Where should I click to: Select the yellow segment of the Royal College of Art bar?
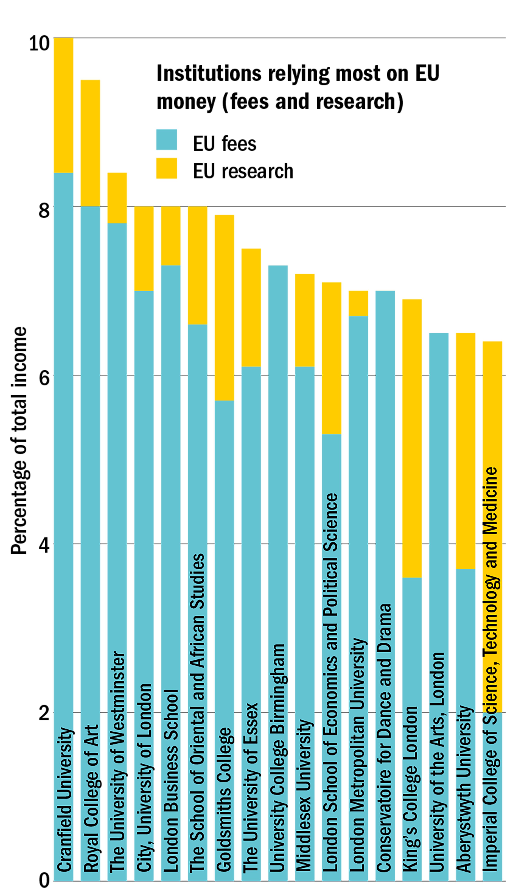(90, 143)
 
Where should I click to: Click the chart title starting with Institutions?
(298, 87)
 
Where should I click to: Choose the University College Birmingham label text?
(278, 757)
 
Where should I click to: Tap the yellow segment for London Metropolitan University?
(358, 303)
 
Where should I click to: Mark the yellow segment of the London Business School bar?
(171, 236)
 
